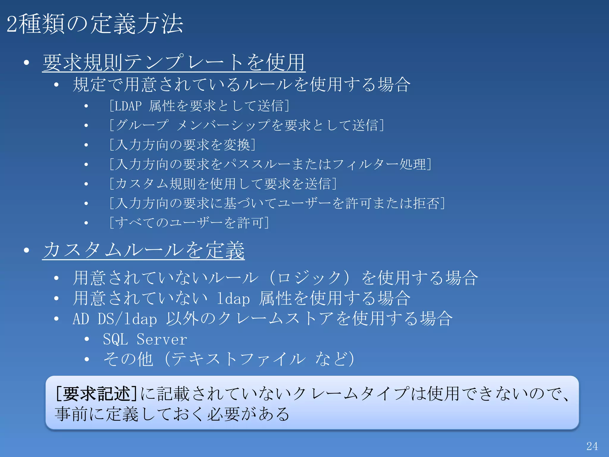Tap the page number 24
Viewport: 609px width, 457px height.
[592, 446]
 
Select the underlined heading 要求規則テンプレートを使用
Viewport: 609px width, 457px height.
[174, 63]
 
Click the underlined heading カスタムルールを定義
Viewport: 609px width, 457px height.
[144, 250]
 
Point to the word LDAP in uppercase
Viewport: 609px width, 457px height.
[128, 106]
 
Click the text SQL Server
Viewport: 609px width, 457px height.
[145, 339]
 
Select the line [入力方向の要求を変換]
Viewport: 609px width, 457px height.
[182, 145]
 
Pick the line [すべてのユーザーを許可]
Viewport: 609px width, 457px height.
[189, 223]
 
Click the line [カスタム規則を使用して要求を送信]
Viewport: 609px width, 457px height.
[223, 184]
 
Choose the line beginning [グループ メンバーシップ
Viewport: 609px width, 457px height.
[247, 125]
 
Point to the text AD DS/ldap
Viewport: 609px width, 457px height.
[115, 319]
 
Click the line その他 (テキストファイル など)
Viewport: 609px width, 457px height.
[228, 359]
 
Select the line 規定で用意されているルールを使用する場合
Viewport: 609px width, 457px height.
[241, 85]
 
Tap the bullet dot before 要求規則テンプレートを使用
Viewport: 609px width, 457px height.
[27, 63]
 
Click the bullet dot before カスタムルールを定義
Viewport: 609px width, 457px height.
[27, 250]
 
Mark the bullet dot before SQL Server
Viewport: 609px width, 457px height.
[87, 339]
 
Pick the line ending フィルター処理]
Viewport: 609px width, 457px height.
[270, 165]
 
